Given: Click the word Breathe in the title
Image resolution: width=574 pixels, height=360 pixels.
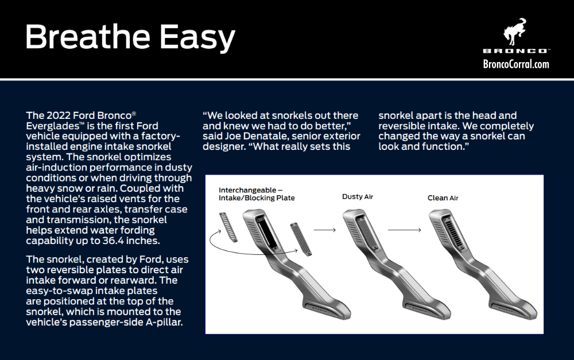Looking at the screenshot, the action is (x=88, y=37).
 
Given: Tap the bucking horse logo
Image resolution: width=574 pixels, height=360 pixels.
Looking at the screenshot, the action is (x=514, y=32).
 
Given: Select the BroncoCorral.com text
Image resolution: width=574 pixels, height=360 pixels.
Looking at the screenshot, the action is (x=516, y=64).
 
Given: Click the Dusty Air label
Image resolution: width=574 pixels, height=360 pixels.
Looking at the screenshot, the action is (x=357, y=197).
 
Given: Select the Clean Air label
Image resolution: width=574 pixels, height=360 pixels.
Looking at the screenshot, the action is (x=443, y=198).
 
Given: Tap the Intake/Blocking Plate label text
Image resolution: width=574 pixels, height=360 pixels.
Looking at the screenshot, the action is (x=257, y=198).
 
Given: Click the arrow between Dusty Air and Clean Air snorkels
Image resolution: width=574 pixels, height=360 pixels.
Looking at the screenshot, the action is (x=404, y=230).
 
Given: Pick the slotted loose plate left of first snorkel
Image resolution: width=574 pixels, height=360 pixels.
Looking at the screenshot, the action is (x=228, y=227).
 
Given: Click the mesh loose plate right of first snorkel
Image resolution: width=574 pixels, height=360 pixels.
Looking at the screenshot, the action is (x=301, y=239).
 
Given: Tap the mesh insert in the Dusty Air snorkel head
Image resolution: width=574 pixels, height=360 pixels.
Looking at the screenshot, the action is (x=366, y=233).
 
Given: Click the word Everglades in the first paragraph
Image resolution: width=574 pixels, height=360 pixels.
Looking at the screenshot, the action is (x=53, y=126).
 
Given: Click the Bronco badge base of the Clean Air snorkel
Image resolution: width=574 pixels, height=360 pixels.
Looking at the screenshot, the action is (x=506, y=308).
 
